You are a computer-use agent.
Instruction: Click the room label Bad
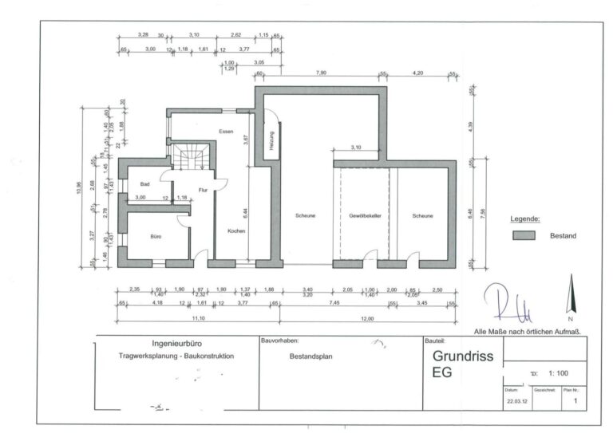pyautogui.click(x=145, y=183)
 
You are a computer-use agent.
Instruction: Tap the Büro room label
pyautogui.click(x=156, y=237)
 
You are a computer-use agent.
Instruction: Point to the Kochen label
pyautogui.click(x=235, y=231)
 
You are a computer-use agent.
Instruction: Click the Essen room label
pyautogui.click(x=226, y=131)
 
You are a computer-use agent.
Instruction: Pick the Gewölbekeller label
pyautogui.click(x=365, y=216)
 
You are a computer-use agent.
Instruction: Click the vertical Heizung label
pyautogui.click(x=271, y=146)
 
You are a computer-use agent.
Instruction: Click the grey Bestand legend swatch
pyautogui.click(x=524, y=236)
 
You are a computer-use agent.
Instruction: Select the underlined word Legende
pyautogui.click(x=525, y=218)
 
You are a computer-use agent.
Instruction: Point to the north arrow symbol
pyautogui.click(x=570, y=295)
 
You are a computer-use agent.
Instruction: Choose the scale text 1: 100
pyautogui.click(x=559, y=372)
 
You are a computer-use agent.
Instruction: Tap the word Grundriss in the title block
pyautogui.click(x=463, y=357)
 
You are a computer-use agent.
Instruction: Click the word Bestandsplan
pyautogui.click(x=310, y=356)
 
